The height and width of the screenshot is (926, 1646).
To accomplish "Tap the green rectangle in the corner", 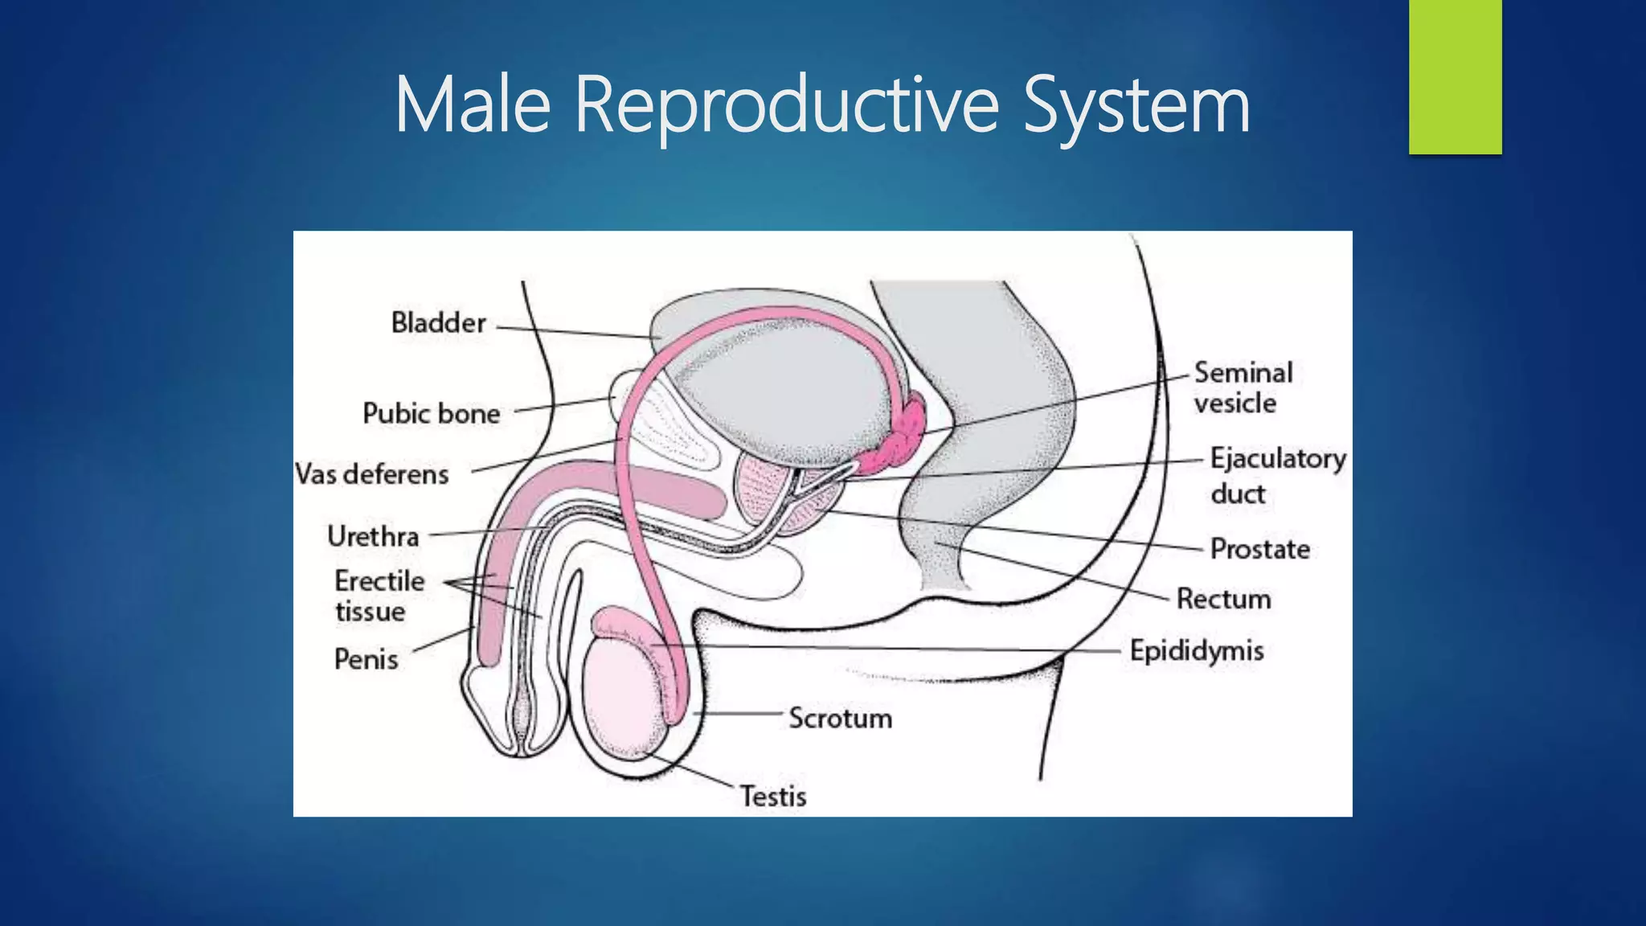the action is [x=1455, y=76].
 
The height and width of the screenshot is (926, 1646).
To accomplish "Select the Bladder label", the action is [x=438, y=323].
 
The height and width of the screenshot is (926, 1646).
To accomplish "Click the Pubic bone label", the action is [x=432, y=414].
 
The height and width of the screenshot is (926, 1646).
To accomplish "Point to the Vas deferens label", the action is [x=372, y=474].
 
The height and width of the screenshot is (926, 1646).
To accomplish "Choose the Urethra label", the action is [x=373, y=536].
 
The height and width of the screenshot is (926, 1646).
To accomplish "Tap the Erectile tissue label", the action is [x=379, y=596].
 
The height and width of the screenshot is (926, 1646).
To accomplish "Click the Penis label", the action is [x=366, y=660].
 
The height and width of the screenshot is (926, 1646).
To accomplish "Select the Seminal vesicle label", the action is [x=1243, y=387].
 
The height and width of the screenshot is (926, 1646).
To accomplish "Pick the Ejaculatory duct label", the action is [x=1277, y=475].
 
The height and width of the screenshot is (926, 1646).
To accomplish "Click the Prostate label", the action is [x=1259, y=549].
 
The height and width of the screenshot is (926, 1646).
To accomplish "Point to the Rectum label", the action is [x=1223, y=599].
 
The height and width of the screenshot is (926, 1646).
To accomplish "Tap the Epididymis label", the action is [x=1196, y=650].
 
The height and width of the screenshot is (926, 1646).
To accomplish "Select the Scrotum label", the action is [x=840, y=718].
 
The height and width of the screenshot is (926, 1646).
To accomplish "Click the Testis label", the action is [x=772, y=796].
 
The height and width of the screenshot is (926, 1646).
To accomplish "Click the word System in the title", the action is [x=1136, y=105].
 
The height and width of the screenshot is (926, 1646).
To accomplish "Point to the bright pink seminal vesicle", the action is [x=900, y=438].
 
